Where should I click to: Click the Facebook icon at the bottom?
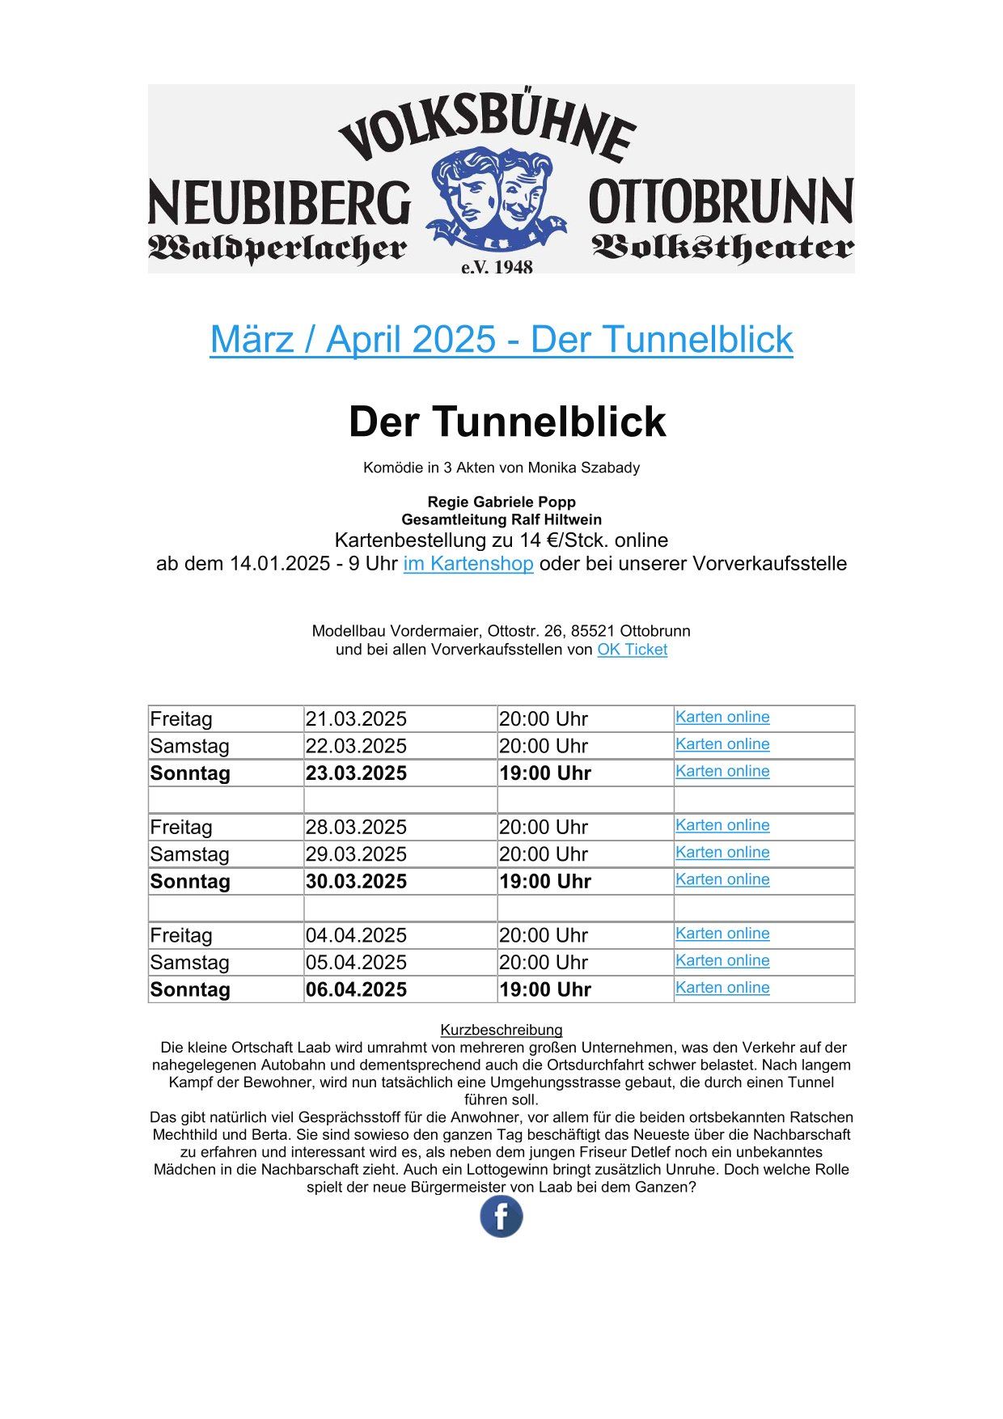point(501,1217)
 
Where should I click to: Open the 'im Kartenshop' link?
point(468,564)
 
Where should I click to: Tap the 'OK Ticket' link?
point(632,650)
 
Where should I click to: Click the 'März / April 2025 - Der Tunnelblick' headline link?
point(501,339)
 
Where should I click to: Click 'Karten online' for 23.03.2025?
point(722,771)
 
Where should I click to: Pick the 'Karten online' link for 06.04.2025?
point(722,988)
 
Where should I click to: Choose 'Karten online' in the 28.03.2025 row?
point(722,825)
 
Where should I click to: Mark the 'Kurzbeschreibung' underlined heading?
point(501,1030)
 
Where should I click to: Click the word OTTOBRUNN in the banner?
point(721,202)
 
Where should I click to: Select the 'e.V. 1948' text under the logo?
point(497,267)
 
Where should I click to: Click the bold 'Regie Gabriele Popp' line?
point(501,502)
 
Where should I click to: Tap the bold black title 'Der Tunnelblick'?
point(507,421)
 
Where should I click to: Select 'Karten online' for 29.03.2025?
point(722,853)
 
